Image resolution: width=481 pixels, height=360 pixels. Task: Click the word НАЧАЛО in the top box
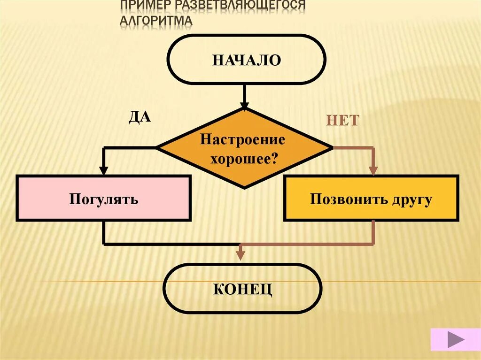click(246, 60)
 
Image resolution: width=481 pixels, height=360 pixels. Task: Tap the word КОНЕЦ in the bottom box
click(242, 289)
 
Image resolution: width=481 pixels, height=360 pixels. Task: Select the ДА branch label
click(140, 116)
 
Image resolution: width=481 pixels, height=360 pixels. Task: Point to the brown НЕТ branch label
click(342, 120)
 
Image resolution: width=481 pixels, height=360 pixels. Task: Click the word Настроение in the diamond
click(242, 139)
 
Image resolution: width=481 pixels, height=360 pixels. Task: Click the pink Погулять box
click(104, 198)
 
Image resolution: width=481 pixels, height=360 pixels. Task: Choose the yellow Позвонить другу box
click(371, 198)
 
